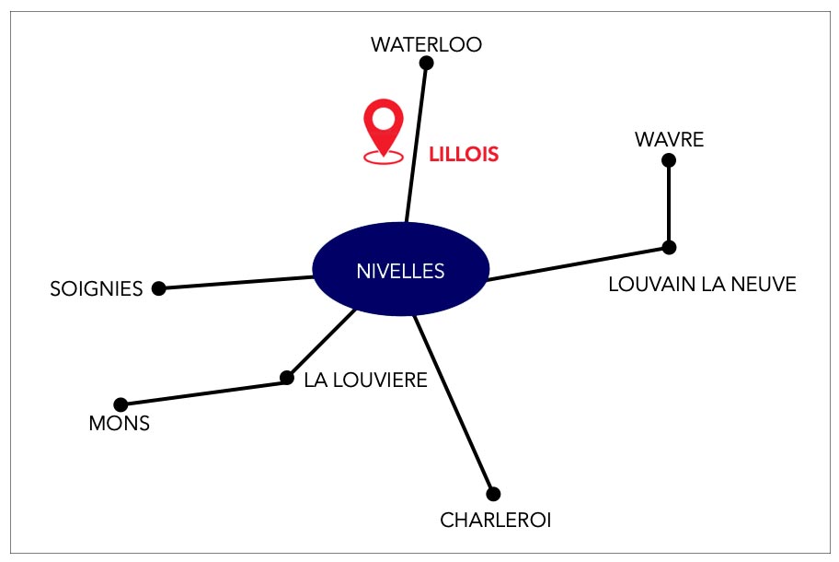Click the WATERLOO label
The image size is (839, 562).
tap(426, 44)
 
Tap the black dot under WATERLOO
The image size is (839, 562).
tap(426, 64)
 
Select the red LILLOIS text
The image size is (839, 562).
tap(464, 154)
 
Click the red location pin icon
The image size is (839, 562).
tap(383, 131)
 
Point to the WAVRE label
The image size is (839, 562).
tap(669, 140)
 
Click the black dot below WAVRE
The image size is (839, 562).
tap(668, 160)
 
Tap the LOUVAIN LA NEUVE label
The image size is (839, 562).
tap(702, 284)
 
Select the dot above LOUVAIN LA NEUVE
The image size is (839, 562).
tap(669, 248)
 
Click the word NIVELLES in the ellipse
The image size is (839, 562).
tap(400, 271)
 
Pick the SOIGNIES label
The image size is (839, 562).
tap(97, 289)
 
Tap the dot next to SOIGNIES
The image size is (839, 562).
tap(158, 288)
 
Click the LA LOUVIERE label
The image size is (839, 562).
tap(365, 381)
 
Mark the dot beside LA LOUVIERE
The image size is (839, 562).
tap(287, 378)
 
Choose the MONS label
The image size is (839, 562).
tap(119, 423)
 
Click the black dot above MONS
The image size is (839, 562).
tap(121, 404)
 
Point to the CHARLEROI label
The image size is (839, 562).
tap(496, 521)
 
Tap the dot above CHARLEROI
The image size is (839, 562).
tap(493, 494)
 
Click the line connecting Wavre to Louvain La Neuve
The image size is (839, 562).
tap(669, 204)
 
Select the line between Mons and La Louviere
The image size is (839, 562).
tap(204, 391)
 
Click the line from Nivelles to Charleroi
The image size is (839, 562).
tap(454, 404)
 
